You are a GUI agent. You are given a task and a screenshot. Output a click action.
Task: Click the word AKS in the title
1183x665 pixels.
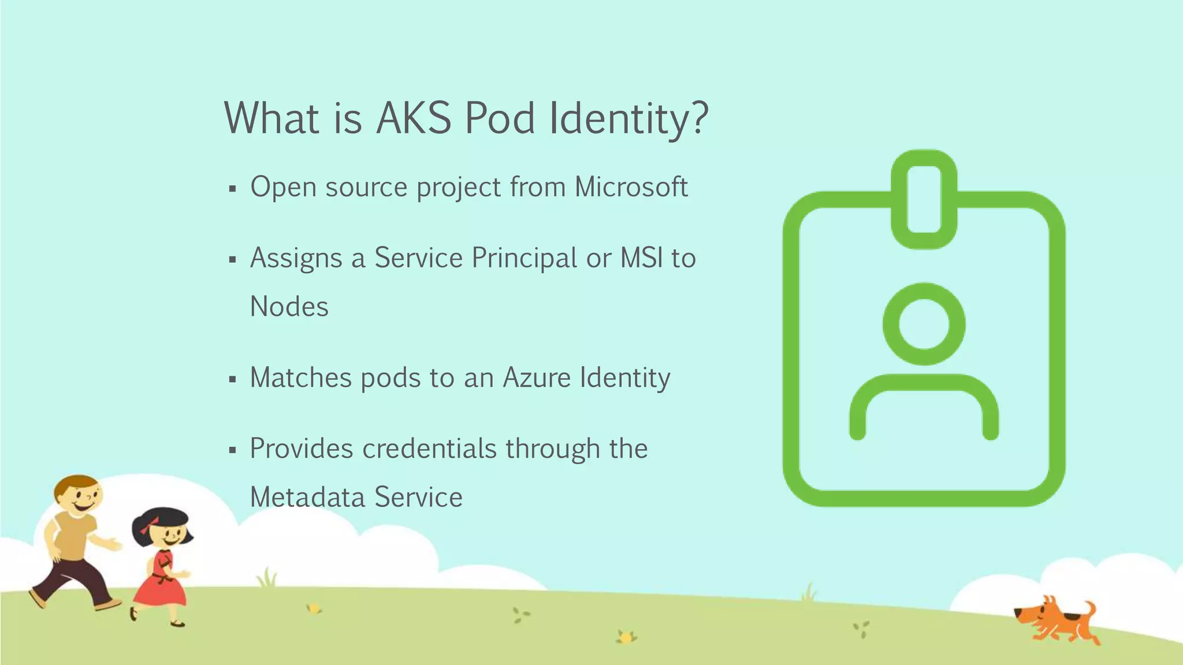pyautogui.click(x=414, y=118)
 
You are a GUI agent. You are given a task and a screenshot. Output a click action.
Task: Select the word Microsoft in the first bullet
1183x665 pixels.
pyautogui.click(x=631, y=187)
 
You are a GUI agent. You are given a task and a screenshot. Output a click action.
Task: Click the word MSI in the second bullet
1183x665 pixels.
pyautogui.click(x=641, y=258)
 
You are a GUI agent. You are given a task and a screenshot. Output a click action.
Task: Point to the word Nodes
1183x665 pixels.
pyautogui.click(x=289, y=307)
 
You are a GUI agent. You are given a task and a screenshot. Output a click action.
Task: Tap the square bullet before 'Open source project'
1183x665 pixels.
pyautogui.click(x=232, y=189)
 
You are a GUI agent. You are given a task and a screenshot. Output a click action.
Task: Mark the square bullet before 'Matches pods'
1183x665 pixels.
pyautogui.click(x=232, y=380)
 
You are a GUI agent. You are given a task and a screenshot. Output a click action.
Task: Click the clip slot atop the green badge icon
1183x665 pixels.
pyautogui.click(x=924, y=199)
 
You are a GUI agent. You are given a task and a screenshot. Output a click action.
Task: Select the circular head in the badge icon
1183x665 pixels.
pyautogui.click(x=924, y=324)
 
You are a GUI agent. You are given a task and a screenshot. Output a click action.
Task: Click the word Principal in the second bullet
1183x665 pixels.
pyautogui.click(x=524, y=258)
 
